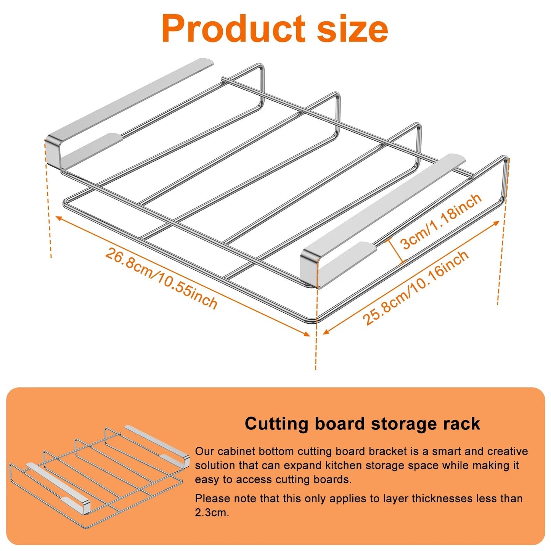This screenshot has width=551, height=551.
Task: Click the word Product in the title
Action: click(x=233, y=29)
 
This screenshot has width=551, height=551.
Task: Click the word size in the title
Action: click(x=352, y=29)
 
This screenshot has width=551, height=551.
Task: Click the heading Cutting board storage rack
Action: click(x=362, y=424)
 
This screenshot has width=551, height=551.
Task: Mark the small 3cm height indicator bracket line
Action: click(x=395, y=251)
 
